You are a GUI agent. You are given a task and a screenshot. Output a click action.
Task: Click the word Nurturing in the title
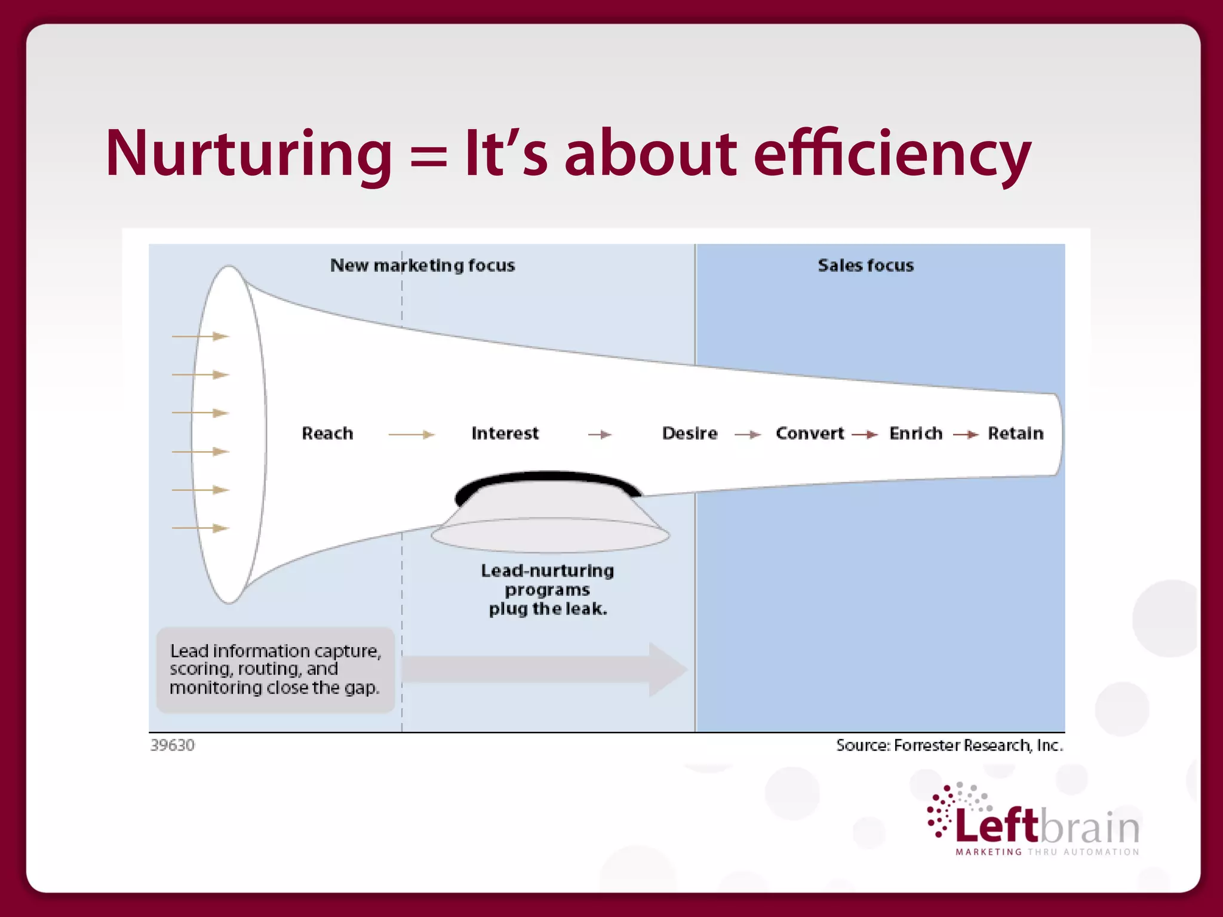click(x=248, y=153)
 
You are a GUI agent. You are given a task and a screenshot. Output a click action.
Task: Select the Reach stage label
click(x=327, y=433)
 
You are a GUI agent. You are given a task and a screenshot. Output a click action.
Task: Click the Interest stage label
click(x=505, y=433)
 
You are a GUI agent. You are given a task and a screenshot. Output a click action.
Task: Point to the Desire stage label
click(x=690, y=433)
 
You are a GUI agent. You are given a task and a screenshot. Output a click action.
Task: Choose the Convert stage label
click(x=810, y=433)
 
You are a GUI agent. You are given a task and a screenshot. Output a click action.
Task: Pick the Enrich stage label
click(x=915, y=433)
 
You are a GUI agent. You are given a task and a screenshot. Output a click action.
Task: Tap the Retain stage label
click(x=1015, y=433)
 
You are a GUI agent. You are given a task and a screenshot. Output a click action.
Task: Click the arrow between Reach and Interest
click(x=411, y=435)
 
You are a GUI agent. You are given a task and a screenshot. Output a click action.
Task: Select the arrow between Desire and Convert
click(x=748, y=435)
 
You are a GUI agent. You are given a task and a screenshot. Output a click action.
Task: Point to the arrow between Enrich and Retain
click(x=966, y=435)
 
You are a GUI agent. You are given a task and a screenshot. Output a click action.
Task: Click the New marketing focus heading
click(x=422, y=265)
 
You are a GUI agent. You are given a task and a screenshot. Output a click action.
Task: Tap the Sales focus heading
click(x=865, y=265)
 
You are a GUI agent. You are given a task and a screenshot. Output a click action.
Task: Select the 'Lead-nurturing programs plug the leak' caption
click(x=548, y=590)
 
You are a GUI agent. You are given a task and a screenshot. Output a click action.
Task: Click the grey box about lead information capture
click(x=275, y=669)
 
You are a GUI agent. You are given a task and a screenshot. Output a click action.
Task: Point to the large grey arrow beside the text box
click(x=543, y=669)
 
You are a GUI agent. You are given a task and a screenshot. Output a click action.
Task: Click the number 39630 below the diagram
click(x=173, y=745)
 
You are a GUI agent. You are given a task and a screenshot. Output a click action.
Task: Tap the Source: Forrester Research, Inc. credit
click(x=949, y=745)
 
